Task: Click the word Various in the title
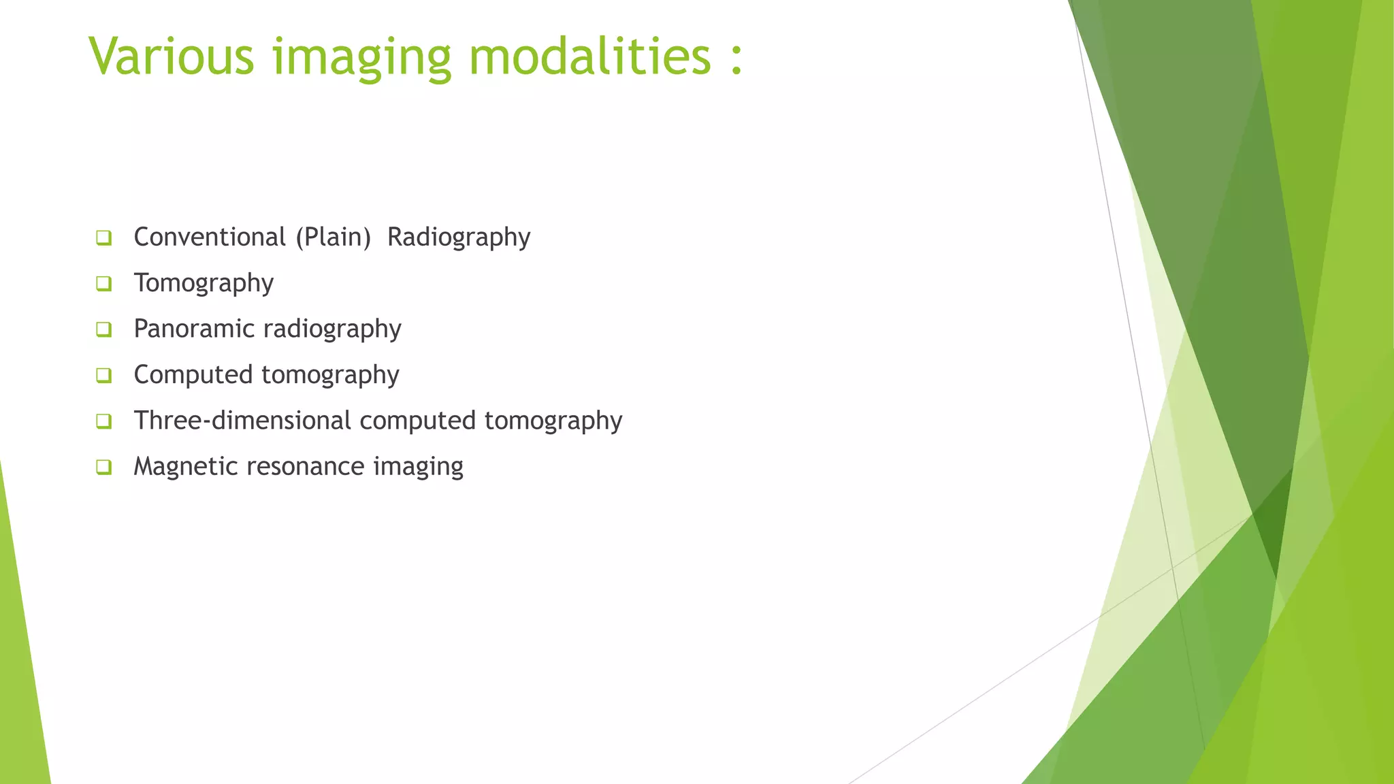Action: [171, 56]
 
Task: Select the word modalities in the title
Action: [590, 56]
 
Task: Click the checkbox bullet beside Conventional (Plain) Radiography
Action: [103, 238]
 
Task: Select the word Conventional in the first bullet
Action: [210, 237]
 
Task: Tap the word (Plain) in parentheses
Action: [333, 238]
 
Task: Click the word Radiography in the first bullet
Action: [459, 238]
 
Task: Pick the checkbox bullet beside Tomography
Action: [103, 284]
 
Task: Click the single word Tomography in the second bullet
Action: [204, 283]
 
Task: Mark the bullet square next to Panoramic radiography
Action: [103, 329]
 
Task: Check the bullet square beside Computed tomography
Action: [103, 376]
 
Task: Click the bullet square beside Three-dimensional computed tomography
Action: [103, 421]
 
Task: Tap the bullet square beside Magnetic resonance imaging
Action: [103, 468]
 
